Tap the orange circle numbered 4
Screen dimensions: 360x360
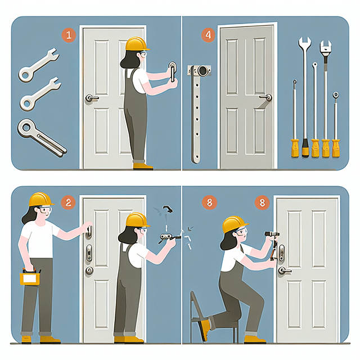click(209, 36)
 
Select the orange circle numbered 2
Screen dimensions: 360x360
click(68, 202)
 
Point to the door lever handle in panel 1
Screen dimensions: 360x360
click(92, 98)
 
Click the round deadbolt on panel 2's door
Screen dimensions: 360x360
click(89, 271)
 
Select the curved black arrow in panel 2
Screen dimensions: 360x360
click(168, 210)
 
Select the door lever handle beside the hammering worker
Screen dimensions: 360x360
click(285, 271)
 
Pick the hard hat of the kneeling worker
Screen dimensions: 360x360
click(235, 224)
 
